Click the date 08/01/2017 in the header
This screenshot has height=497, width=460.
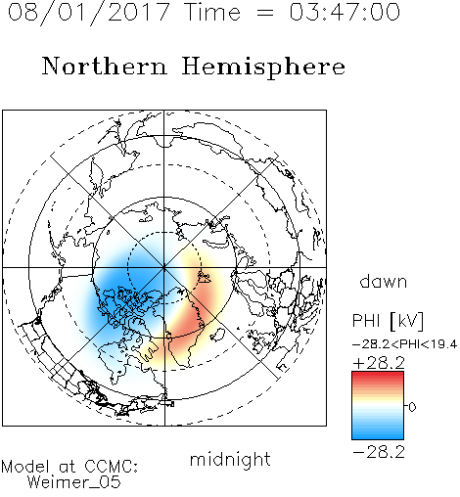click(88, 13)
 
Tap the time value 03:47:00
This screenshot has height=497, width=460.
click(345, 12)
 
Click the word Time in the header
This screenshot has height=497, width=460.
click(212, 12)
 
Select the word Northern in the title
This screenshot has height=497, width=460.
click(105, 66)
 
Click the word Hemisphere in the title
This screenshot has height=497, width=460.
click(263, 68)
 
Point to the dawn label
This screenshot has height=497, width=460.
click(384, 281)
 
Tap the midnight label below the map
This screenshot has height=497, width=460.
click(230, 460)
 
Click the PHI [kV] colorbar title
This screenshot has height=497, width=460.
click(388, 321)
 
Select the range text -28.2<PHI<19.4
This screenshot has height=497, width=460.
click(404, 344)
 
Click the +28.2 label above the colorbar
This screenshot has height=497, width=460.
click(379, 363)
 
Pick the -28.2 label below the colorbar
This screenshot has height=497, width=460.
click(379, 452)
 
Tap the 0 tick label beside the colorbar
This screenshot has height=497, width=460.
click(412, 407)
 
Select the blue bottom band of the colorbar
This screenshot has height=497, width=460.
click(378, 433)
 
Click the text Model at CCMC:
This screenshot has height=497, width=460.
click(69, 467)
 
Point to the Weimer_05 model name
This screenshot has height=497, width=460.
click(74, 482)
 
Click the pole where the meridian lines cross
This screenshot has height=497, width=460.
click(164, 267)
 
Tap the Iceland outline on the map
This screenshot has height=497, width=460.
click(217, 335)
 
